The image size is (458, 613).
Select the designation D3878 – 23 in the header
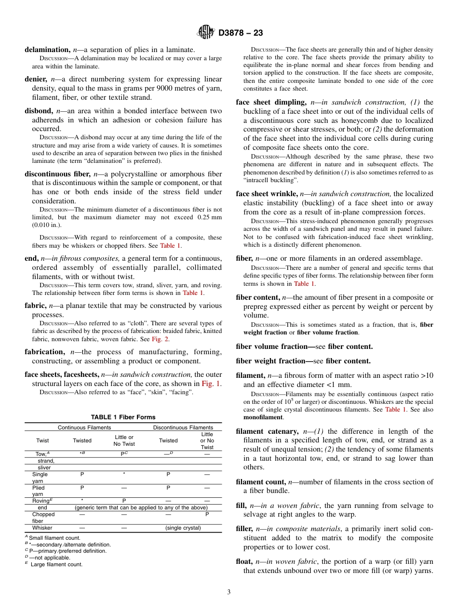pyautogui.click(x=241, y=33)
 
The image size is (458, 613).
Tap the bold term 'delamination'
pyautogui.click(x=47, y=50)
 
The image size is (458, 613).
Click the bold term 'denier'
pyautogui.click(x=36, y=79)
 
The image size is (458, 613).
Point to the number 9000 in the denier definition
pyautogui.click(x=176, y=88)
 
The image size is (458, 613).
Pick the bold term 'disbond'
pyautogui.click(x=39, y=111)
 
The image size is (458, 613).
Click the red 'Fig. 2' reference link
pyautogui.click(x=160, y=339)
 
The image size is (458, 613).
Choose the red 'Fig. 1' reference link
pyautogui.click(x=212, y=384)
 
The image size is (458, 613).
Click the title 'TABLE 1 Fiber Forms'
pyautogui.click(x=123, y=417)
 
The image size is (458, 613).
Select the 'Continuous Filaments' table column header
pyautogui.click(x=84, y=427)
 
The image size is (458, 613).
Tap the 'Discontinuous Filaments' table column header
pyautogui.click(x=183, y=427)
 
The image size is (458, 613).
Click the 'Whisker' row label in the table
pyautogui.click(x=42, y=528)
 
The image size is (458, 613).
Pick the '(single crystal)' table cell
pyautogui.click(x=183, y=528)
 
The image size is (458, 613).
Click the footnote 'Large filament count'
pyautogui.click(x=56, y=564)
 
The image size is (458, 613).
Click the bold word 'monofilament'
pyautogui.click(x=263, y=417)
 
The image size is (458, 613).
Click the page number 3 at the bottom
pyautogui.click(x=229, y=592)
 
